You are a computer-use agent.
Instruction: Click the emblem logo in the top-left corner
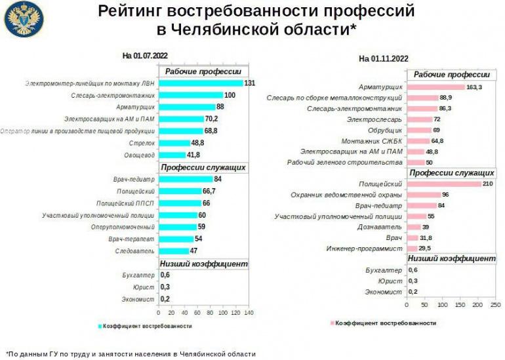point(24,19)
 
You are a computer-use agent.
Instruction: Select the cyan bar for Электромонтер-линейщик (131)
point(201,83)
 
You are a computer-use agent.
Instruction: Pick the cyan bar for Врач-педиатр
point(186,179)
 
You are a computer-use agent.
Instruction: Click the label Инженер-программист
point(369,249)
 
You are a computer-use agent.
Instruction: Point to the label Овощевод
point(139,155)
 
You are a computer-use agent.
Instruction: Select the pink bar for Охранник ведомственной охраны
point(423,195)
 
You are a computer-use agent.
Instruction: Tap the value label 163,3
point(474,87)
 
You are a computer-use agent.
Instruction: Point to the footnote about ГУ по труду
point(131,353)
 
